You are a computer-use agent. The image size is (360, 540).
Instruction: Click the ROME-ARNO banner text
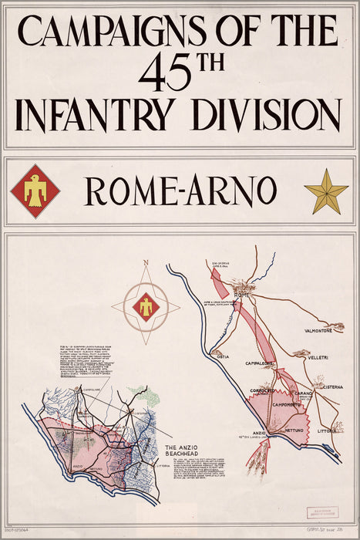181,191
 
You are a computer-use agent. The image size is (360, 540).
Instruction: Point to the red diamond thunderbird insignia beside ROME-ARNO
35,191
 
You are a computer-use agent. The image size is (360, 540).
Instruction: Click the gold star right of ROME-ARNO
325,191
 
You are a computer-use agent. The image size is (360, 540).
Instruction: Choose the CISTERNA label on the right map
329,387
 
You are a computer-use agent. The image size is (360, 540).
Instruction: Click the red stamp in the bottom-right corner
321,514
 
